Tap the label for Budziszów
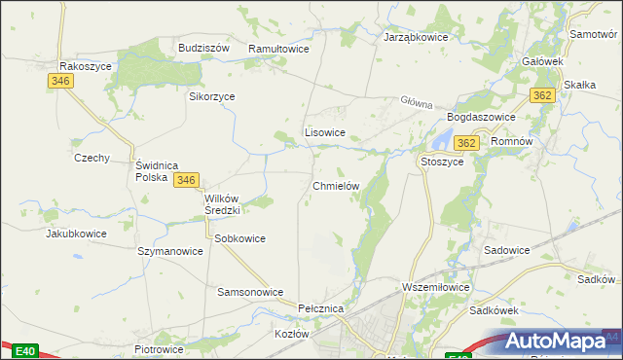[x=202, y=48]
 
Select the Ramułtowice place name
[x=278, y=48]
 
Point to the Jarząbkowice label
[x=415, y=37]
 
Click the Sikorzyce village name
[x=211, y=96]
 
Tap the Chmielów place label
[x=337, y=185]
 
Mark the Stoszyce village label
[x=441, y=162]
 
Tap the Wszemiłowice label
[x=436, y=288]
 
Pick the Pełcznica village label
[x=322, y=308]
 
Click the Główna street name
[x=415, y=102]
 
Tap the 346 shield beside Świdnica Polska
[x=187, y=180]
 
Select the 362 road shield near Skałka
[x=543, y=95]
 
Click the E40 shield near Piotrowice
[x=25, y=351]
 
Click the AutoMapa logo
[x=560, y=342]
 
